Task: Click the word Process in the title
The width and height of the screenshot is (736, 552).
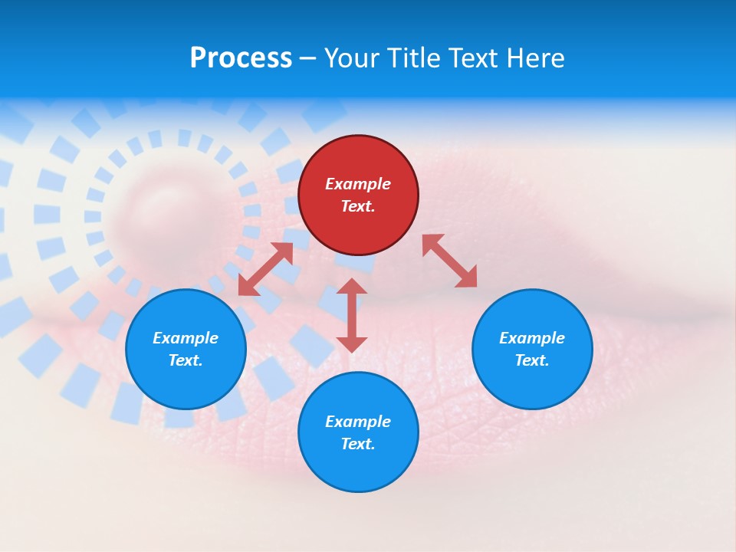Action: (241, 58)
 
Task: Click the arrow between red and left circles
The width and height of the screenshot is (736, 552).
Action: (266, 268)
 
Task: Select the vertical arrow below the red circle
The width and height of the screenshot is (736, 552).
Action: (352, 315)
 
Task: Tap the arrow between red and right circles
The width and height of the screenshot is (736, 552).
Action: (449, 261)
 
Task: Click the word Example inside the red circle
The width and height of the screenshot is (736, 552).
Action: (358, 184)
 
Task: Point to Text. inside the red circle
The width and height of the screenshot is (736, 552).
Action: (358, 206)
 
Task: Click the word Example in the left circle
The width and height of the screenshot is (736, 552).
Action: (186, 338)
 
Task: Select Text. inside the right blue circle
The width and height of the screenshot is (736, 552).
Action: (532, 360)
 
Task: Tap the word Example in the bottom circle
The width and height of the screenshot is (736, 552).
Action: (358, 422)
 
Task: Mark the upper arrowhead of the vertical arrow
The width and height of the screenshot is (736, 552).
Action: (352, 287)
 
